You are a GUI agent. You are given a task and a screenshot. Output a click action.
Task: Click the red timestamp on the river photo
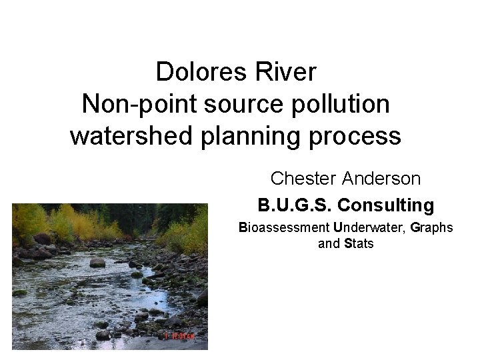point(179,337)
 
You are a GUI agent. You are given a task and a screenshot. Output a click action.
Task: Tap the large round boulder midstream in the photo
point(97,262)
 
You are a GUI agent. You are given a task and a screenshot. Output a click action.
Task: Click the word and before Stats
point(329,244)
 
